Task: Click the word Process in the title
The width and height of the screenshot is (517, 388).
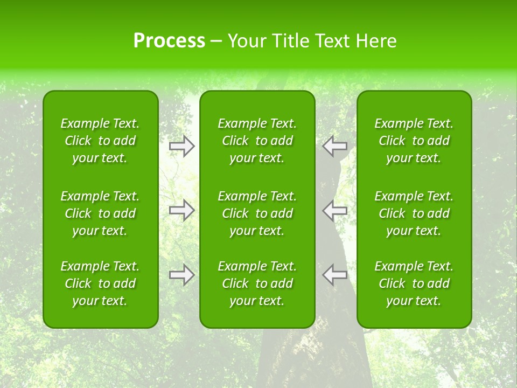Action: (169, 41)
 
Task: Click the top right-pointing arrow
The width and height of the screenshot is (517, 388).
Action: (181, 146)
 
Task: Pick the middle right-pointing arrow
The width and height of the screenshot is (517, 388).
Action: (181, 210)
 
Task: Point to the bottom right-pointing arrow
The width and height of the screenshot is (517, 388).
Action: (181, 275)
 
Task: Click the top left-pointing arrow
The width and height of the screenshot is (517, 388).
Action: (335, 146)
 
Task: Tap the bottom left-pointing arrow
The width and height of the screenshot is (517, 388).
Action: (335, 275)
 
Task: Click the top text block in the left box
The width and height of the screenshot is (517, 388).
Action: (100, 141)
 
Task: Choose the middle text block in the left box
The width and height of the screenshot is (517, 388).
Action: (100, 213)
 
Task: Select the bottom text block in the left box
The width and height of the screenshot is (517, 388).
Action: (100, 283)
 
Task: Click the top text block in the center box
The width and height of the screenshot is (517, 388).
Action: (257, 141)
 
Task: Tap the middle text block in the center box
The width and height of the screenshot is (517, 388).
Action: (257, 213)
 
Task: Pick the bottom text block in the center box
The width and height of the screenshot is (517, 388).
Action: (257, 283)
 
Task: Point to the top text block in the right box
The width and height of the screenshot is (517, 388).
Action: (414, 141)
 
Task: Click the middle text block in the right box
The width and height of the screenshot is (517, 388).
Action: (414, 213)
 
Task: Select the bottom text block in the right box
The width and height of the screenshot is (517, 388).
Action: (414, 283)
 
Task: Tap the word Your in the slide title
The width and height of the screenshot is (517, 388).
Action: (246, 41)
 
